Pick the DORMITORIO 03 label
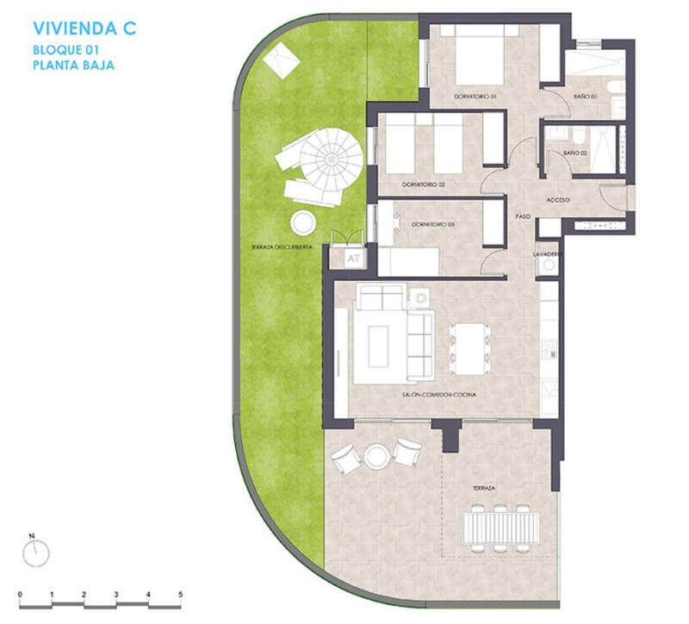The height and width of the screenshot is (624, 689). tap(432, 224)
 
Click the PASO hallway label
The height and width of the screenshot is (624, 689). tap(522, 216)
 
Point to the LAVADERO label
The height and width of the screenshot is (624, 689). tap(547, 255)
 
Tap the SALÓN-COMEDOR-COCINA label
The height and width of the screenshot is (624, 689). tap(439, 394)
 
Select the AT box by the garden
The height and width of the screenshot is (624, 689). tap(352, 257)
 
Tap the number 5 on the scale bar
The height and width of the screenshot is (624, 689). tap(180, 595)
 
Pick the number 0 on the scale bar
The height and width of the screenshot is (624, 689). tap(20, 595)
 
